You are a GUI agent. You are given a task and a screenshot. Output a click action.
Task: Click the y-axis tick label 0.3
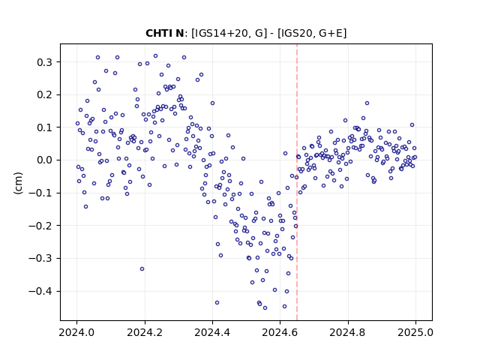[x=44, y=62]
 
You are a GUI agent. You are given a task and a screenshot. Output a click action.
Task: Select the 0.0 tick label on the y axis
[x=44, y=160]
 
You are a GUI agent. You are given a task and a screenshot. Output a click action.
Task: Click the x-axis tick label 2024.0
[x=76, y=332]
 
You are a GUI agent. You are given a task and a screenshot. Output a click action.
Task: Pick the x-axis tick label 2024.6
[x=280, y=332]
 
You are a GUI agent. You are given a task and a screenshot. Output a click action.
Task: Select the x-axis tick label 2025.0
[x=415, y=332]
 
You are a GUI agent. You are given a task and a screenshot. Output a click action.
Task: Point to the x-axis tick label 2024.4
[x=212, y=332]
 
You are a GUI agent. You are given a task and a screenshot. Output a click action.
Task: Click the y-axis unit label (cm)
[x=18, y=183]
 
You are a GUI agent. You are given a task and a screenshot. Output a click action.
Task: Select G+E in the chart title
[x=331, y=33]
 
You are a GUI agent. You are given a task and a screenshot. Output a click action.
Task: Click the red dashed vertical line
[x=297, y=182]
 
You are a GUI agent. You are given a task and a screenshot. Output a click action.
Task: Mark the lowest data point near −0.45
[x=265, y=307]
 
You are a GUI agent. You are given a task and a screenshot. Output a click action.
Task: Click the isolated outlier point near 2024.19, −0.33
[x=142, y=268]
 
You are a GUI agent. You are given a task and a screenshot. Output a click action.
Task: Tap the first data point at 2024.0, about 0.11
[x=77, y=123]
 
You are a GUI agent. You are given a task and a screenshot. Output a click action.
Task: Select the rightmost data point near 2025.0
[x=415, y=157]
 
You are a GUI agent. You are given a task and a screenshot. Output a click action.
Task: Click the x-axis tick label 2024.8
[x=348, y=332]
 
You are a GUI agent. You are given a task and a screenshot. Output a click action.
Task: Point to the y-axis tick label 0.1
[x=44, y=127]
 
